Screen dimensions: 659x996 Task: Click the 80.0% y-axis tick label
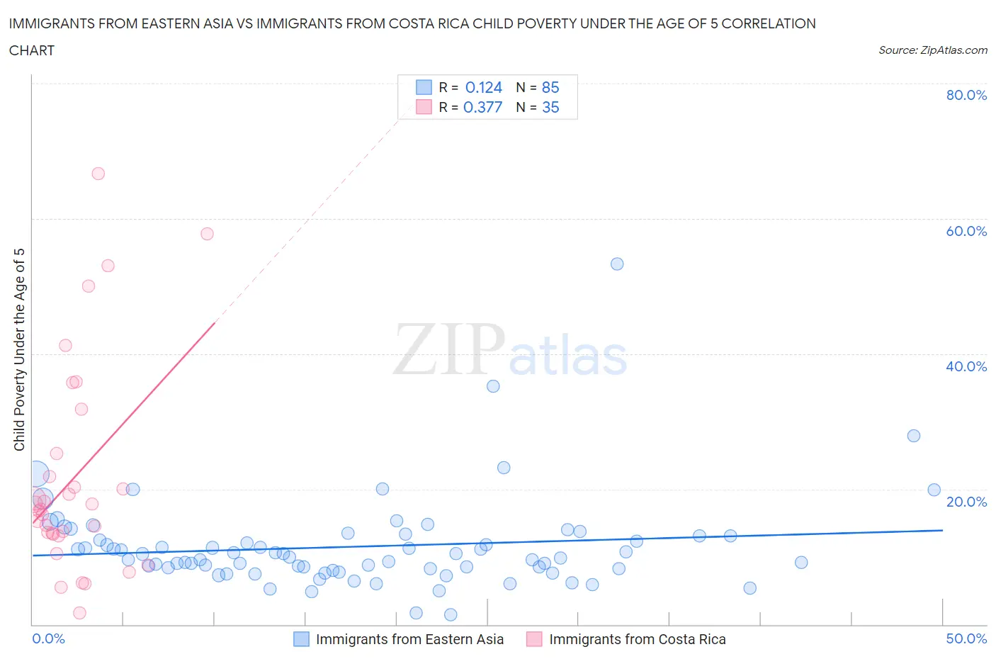click(966, 95)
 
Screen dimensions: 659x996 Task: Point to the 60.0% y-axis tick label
click(966, 231)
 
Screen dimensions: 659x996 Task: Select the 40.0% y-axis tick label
click(966, 366)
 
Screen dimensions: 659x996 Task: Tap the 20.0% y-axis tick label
click(966, 502)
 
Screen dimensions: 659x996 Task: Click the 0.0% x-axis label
click(48, 638)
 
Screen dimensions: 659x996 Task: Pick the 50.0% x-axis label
click(966, 638)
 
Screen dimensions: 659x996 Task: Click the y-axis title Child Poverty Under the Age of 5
click(20, 349)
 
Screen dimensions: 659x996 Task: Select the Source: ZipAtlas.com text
click(932, 50)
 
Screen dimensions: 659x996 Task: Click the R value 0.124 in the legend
click(483, 88)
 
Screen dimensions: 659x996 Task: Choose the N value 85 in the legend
click(550, 88)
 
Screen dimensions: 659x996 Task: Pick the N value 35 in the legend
click(550, 108)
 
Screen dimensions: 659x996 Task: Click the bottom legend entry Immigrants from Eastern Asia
click(409, 639)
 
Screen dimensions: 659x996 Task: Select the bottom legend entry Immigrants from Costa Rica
click(637, 639)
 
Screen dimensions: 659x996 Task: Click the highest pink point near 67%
click(98, 174)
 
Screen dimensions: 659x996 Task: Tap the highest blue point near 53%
click(617, 264)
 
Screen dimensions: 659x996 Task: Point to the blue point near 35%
click(493, 386)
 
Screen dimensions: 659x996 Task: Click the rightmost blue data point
click(934, 490)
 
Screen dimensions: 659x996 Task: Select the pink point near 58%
click(207, 234)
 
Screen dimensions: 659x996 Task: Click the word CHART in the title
click(32, 50)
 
